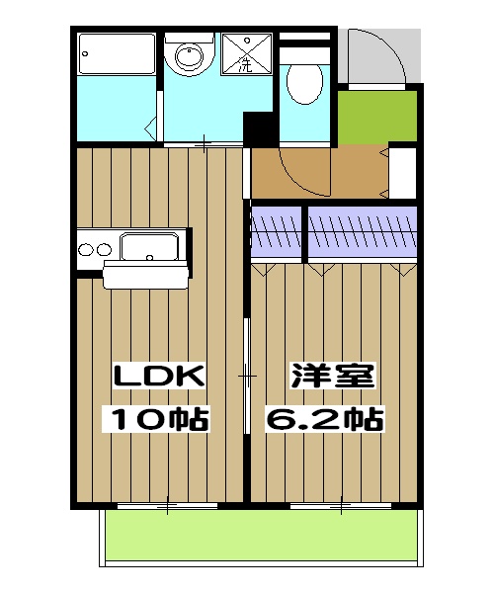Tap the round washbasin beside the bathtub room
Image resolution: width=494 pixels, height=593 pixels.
click(189, 55)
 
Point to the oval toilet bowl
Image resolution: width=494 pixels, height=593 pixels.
click(303, 80)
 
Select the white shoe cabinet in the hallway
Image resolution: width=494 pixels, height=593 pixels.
click(404, 172)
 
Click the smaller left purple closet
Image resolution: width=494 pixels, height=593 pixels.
click(277, 231)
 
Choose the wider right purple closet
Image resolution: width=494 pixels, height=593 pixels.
click(362, 231)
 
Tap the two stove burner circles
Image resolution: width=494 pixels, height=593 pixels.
click(94, 249)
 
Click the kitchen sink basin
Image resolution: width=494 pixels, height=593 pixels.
click(148, 244)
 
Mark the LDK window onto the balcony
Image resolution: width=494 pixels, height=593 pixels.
click(167, 507)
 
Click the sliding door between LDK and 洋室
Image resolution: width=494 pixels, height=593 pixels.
click(246, 376)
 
